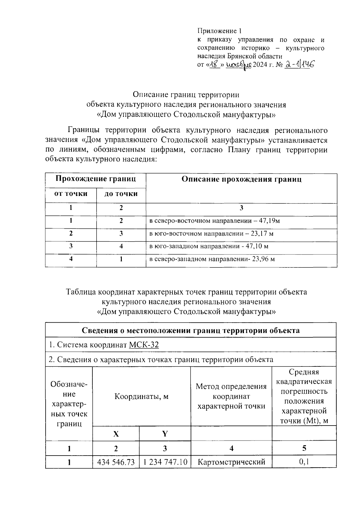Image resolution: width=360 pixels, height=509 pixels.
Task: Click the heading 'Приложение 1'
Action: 219,31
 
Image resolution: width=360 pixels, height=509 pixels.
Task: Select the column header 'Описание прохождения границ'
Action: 241,179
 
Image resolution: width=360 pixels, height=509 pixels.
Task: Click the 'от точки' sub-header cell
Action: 71,194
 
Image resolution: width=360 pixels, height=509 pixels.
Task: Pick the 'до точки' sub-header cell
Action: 121,194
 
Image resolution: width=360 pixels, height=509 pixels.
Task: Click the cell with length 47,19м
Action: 214,221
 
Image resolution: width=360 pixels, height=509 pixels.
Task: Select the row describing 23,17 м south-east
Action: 211,233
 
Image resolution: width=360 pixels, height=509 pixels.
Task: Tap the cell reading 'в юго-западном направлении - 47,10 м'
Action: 209,246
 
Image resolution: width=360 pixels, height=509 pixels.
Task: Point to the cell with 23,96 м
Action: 212,259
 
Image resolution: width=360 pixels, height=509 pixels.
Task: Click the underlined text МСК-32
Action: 144,345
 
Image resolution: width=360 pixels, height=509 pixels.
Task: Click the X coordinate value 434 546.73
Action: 116,462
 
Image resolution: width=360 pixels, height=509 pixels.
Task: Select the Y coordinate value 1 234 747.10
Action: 165,462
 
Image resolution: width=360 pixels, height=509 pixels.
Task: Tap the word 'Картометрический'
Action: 231,462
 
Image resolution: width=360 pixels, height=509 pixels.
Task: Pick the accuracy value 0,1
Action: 304,462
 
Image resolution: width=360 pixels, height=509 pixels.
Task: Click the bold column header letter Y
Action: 165,434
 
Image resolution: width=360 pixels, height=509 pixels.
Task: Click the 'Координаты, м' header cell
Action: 141,396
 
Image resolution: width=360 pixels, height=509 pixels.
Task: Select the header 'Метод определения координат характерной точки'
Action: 231,396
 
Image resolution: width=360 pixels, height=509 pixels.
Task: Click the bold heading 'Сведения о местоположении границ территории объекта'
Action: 190,330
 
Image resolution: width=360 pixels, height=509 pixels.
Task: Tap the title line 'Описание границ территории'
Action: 186,95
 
